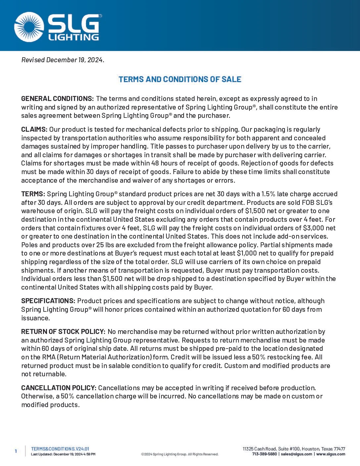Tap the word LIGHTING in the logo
tap(74, 37)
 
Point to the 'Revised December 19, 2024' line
tap(63, 60)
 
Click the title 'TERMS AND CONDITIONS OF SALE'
tap(180, 79)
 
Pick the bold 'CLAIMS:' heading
tap(34, 129)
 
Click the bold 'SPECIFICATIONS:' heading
tap(48, 301)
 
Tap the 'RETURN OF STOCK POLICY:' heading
tap(63, 332)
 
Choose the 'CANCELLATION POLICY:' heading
tap(59, 388)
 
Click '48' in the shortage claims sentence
tap(155, 163)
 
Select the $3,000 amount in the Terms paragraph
tap(313, 228)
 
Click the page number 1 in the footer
tap(16, 451)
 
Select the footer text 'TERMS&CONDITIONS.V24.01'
tap(60, 449)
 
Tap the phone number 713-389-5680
tap(264, 454)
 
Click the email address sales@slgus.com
tap(296, 454)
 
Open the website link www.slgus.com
tap(331, 454)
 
